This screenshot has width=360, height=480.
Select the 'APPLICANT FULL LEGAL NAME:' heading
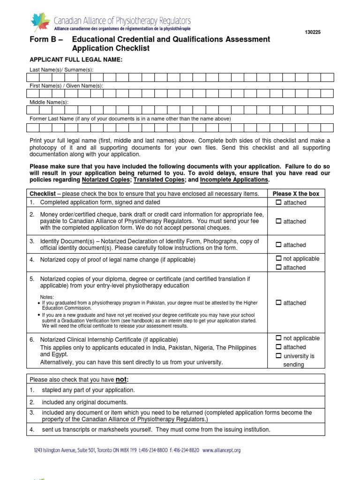(x=76, y=60)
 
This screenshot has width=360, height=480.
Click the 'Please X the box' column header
(x=296, y=194)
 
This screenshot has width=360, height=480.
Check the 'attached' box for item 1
(x=278, y=202)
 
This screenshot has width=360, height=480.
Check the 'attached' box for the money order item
(x=278, y=221)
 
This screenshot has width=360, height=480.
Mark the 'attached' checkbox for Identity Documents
(x=278, y=245)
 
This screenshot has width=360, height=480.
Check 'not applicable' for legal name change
(x=278, y=258)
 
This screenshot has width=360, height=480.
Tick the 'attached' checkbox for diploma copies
(x=278, y=303)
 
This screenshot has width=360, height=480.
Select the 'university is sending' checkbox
(x=278, y=356)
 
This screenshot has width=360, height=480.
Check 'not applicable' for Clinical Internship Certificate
(x=278, y=338)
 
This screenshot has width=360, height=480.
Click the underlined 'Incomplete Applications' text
(x=234, y=180)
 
